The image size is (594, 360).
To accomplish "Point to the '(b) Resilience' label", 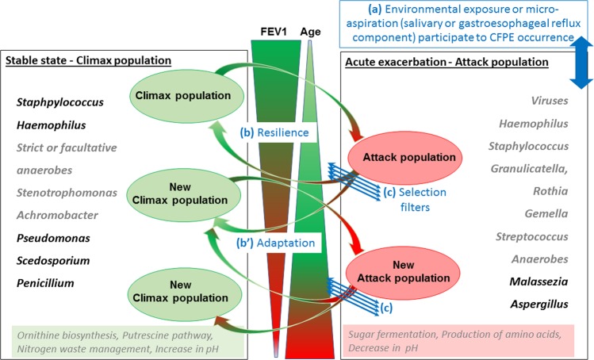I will click(275, 133).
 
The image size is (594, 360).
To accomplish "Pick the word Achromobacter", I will click(54, 215).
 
